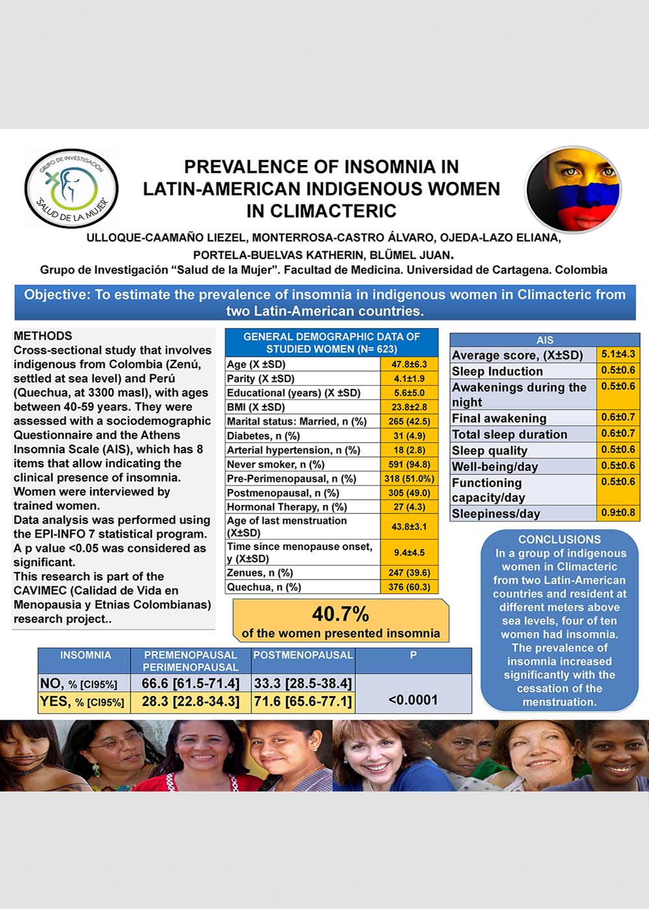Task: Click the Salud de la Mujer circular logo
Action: [x=71, y=188]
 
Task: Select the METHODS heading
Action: [x=43, y=336]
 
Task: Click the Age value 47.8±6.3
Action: [x=409, y=364]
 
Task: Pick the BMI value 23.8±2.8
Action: [x=409, y=407]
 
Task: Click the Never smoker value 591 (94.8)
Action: [x=409, y=464]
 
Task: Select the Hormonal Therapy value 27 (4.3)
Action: [x=409, y=507]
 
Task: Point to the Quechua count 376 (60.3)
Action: [x=409, y=587]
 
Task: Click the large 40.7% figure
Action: [x=340, y=614]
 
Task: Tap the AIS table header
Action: [x=545, y=340]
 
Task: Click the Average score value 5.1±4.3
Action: [x=618, y=355]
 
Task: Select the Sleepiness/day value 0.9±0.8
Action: [x=618, y=513]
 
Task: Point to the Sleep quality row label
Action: [x=489, y=451]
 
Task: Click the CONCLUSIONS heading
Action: [x=559, y=540]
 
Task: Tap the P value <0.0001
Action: [x=413, y=700]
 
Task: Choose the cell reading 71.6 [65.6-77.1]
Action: [x=302, y=701]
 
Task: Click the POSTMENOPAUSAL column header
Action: [x=303, y=655]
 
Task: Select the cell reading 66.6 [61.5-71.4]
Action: [x=191, y=683]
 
